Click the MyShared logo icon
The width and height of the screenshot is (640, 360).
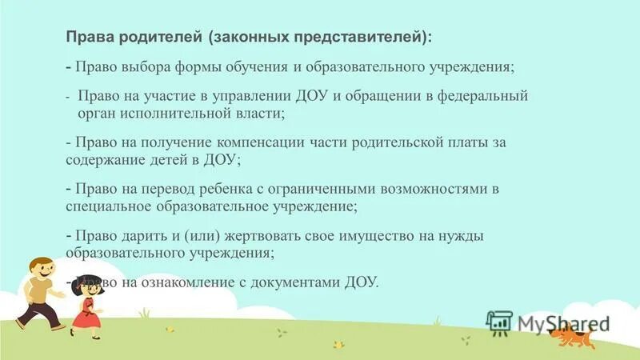[x=499, y=322]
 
